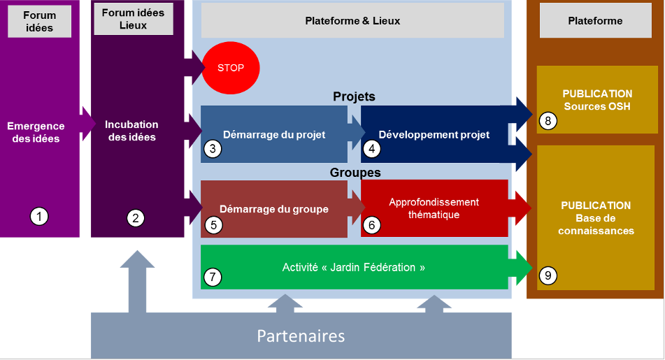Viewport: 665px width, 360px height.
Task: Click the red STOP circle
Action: [231, 69]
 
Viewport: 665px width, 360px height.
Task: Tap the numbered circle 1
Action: [39, 217]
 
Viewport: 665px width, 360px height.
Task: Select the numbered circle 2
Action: [136, 218]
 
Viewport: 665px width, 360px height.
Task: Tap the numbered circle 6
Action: [372, 225]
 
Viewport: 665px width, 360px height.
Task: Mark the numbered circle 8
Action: [548, 121]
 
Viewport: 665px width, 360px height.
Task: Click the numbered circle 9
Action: [548, 276]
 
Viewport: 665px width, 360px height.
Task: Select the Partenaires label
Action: [301, 336]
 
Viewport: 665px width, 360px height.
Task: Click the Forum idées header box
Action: [38, 22]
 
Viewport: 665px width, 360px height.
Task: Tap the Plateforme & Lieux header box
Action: [352, 21]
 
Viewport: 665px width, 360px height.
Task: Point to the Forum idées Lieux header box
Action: [134, 19]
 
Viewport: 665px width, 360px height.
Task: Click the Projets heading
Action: [354, 96]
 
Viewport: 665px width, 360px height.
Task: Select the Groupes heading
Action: [355, 172]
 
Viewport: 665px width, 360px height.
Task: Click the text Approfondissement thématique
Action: [434, 208]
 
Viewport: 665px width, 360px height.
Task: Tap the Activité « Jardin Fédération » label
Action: [354, 267]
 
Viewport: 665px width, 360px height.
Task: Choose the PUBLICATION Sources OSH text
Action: [597, 100]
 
